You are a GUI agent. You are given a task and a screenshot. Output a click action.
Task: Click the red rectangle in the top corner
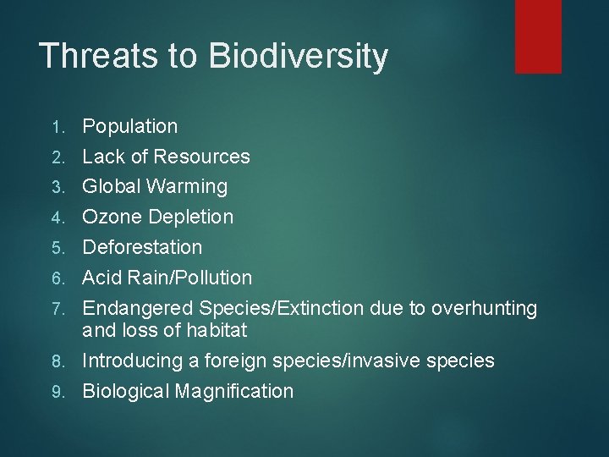(x=538, y=36)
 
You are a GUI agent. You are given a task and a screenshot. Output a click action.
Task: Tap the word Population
(x=129, y=127)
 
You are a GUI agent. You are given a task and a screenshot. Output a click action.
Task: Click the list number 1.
(x=57, y=127)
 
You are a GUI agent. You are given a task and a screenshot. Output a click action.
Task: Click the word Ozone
(x=112, y=217)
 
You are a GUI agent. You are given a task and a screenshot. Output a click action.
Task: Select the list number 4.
(x=57, y=217)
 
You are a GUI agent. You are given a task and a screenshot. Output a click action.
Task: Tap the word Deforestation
(x=142, y=247)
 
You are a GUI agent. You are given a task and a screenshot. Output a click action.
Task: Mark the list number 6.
(x=57, y=278)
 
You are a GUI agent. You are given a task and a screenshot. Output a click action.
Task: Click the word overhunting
(x=484, y=309)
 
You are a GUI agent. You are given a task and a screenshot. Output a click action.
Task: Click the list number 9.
(x=57, y=392)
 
